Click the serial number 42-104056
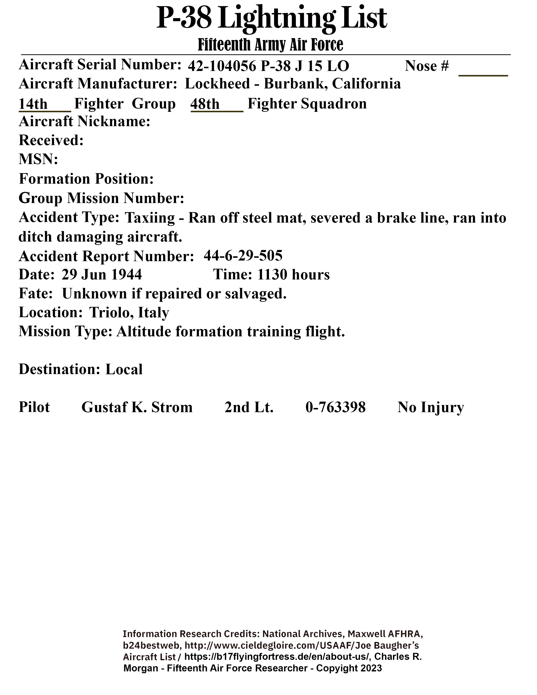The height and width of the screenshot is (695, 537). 222,66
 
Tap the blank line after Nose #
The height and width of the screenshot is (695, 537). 483,72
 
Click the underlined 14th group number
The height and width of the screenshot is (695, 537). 33,104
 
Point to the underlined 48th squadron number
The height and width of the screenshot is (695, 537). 205,104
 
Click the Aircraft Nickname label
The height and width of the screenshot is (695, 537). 84,122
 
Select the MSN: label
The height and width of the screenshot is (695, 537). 38,159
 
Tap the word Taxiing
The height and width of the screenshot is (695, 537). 150,218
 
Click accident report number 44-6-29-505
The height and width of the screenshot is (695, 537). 243,255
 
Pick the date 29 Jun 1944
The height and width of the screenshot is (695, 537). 102,274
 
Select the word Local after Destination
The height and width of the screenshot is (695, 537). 124,369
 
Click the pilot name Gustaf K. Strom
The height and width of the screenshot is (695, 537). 137,407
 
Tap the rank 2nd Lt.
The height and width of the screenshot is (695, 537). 249,407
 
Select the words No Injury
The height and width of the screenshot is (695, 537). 430,407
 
